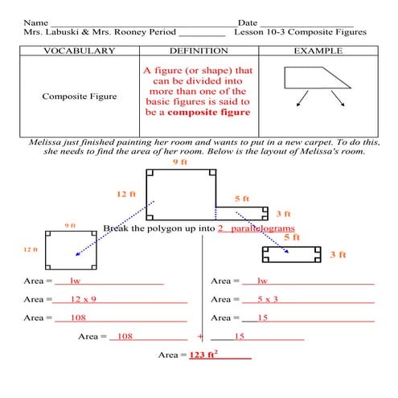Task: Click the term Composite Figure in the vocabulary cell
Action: pyautogui.click(x=80, y=96)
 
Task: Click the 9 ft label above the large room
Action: pyautogui.click(x=179, y=162)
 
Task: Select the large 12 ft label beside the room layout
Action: pyautogui.click(x=126, y=194)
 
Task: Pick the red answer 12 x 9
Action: pyautogui.click(x=83, y=298)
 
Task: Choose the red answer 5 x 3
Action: pyautogui.click(x=268, y=298)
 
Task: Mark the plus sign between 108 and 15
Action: pyautogui.click(x=200, y=336)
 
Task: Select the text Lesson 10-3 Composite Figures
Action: pyautogui.click(x=300, y=32)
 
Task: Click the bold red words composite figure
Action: pyautogui.click(x=212, y=113)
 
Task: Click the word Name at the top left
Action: pyautogui.click(x=35, y=22)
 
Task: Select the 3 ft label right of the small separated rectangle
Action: pyautogui.click(x=338, y=255)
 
